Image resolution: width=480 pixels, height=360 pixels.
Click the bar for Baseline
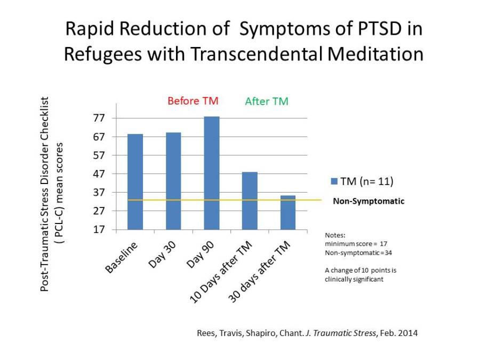point(135,181)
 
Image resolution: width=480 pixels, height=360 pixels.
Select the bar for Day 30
point(173,181)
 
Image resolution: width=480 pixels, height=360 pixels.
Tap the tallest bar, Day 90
point(211,173)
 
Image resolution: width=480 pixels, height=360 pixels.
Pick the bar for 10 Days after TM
point(250,201)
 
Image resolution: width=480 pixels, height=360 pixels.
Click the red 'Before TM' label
point(193,101)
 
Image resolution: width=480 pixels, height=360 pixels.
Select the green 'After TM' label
point(267,101)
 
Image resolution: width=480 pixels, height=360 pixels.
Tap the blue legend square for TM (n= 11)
point(334,181)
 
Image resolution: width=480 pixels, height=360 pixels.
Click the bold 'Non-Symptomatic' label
point(369,202)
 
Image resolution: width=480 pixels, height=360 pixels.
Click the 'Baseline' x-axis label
point(121,258)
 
